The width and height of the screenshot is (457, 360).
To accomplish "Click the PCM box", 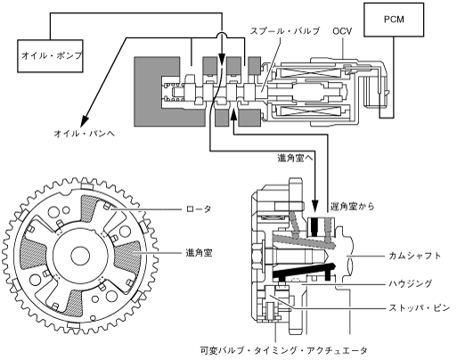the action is [394, 20].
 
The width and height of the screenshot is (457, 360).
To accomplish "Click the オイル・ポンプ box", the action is [50, 56].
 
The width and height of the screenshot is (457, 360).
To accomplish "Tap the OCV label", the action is [342, 31].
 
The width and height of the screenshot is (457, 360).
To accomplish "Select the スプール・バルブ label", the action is [285, 31].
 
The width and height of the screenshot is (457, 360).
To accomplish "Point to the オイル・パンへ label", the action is [84, 134].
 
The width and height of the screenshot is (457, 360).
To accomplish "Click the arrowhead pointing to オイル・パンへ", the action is [85, 119].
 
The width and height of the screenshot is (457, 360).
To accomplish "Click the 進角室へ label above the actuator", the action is [296, 159].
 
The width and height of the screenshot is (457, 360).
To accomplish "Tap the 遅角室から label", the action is [353, 206].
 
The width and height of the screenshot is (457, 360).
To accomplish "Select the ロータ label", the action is [199, 209].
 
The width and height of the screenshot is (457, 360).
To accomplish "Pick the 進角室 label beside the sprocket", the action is [199, 253].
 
